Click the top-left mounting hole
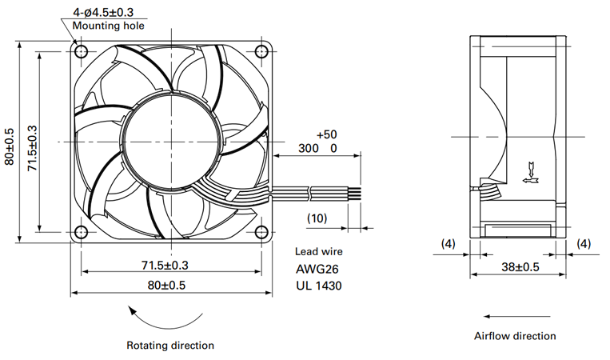point(81,51)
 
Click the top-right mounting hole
point(261,51)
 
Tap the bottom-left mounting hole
point(81,232)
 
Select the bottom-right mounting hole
point(261,232)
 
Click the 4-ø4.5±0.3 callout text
point(103,13)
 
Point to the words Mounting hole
point(108,26)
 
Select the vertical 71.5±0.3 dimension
point(32,148)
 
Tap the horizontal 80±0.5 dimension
point(166,286)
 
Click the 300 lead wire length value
point(309,148)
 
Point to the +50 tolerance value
point(327,134)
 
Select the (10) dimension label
point(317,218)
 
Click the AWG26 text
point(317,269)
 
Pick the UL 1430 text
point(319,286)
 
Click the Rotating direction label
point(170,346)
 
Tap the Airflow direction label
point(515,336)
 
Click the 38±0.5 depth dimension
point(520,267)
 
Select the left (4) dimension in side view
point(448,244)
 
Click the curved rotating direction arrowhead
point(133,310)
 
